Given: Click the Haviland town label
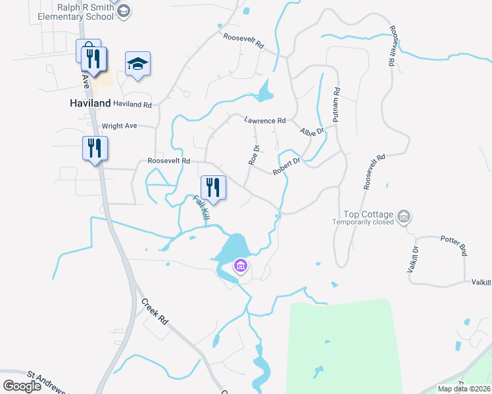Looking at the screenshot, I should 90,104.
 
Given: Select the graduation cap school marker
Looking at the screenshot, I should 138,64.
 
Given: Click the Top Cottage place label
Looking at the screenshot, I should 368,215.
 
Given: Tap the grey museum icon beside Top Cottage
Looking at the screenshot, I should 405,216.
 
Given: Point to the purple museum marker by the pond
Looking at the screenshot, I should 241,266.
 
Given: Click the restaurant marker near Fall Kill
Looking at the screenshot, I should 213,188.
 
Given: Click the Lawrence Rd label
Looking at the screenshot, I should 264,121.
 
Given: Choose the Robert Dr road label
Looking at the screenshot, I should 287,166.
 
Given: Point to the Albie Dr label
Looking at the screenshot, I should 312,131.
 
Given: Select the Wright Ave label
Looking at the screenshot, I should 119,125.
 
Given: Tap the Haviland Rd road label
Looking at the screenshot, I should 132,104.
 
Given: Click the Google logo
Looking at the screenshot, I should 22,386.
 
